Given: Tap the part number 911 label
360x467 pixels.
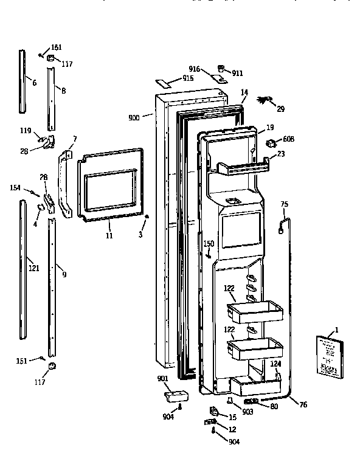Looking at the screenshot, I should pos(237,73).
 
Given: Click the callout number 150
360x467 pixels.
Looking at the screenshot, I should pos(209,243).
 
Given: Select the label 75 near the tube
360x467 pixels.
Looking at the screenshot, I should pos(283,205).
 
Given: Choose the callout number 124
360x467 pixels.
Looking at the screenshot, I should pos(275,364).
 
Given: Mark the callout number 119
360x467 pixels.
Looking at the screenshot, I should pos(26,130).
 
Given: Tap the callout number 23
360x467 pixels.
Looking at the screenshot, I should pos(280,154).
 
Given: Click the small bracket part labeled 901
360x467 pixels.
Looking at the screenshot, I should pos(175,396).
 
